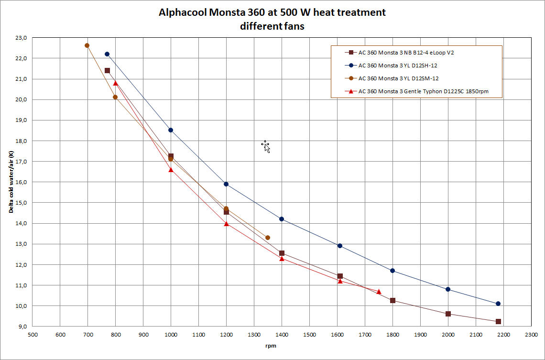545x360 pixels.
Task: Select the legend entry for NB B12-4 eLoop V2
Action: click(406, 52)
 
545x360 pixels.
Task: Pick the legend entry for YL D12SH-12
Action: click(397, 65)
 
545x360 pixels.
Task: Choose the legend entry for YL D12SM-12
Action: click(397, 78)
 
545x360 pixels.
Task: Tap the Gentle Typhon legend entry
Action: click(423, 91)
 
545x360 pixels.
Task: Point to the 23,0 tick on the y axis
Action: click(21, 37)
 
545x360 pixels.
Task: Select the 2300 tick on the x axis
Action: click(531, 335)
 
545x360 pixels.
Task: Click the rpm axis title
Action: click(272, 346)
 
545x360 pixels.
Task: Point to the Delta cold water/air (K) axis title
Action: click(10, 182)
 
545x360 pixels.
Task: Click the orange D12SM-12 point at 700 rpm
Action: click(87, 45)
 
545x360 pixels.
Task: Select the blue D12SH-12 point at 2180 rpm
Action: click(498, 304)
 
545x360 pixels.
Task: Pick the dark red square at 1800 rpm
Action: click(392, 300)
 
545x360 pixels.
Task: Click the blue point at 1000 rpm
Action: click(171, 130)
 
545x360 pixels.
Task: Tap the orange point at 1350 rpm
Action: click(268, 238)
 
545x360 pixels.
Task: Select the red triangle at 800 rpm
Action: click(115, 83)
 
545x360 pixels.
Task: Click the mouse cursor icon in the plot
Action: click(266, 146)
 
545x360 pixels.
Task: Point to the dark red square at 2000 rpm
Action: click(448, 314)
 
